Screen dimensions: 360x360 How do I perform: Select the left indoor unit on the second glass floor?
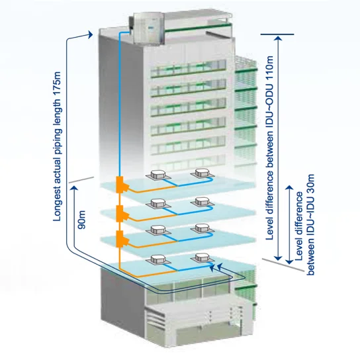158,203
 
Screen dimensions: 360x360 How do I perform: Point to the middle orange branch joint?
120,212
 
